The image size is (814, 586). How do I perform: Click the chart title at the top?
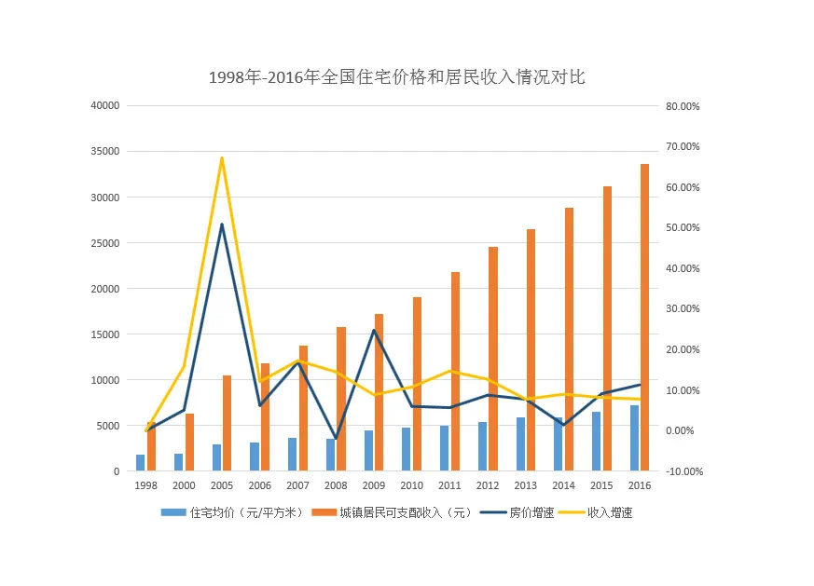(x=396, y=77)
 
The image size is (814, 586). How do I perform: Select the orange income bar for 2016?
(x=644, y=317)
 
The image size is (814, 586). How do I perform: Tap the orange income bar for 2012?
(x=493, y=359)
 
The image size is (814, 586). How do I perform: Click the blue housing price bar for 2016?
(x=635, y=438)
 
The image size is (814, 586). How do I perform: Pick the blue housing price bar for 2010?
(x=407, y=449)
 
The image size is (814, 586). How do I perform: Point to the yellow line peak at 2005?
(x=222, y=157)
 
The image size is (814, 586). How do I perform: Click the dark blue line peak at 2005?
(x=222, y=225)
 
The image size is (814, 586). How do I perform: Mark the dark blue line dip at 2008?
(x=336, y=439)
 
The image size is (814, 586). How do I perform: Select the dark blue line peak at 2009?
(x=374, y=331)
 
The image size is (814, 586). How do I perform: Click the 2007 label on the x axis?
(x=297, y=485)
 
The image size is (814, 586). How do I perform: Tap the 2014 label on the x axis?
(x=563, y=485)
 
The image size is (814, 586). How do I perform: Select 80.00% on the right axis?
(x=683, y=106)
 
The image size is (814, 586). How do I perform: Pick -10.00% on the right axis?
(x=683, y=471)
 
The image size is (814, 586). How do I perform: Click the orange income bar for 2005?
(x=228, y=423)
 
